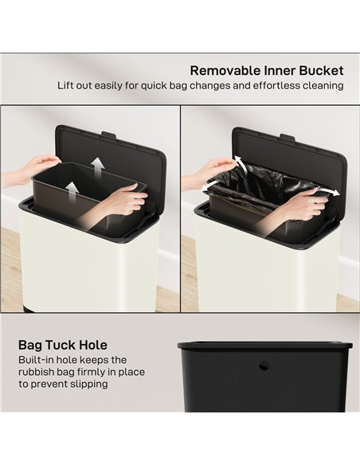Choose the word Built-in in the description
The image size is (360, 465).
(x=37, y=361)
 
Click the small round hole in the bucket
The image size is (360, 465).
(x=264, y=366)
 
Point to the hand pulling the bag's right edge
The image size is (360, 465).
(x=303, y=205)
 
